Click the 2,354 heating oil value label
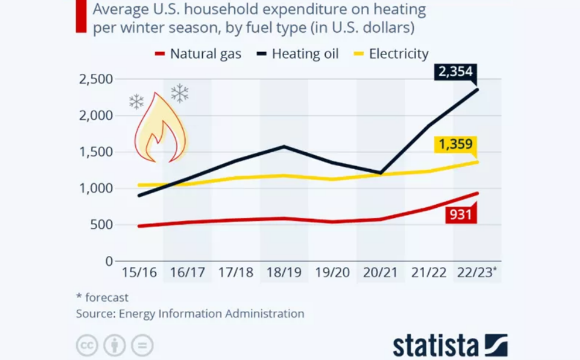coord(454,73)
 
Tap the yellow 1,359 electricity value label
coord(454,144)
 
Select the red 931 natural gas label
coord(460,214)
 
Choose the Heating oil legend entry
coord(298,54)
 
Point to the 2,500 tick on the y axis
coord(95,80)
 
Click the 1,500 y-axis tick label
coord(95,152)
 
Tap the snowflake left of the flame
coord(137,102)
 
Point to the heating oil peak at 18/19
coord(284,146)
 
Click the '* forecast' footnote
coord(103,297)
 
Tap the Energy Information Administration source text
coord(211,314)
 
